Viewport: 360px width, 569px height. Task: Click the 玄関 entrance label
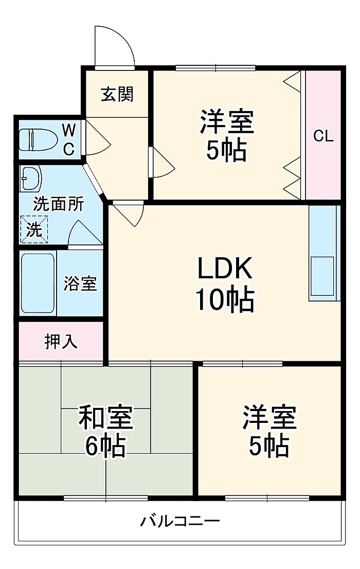click(117, 94)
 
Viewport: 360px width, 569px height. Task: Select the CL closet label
click(323, 136)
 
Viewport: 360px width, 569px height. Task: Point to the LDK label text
click(224, 269)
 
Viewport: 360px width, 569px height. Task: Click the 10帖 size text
click(224, 299)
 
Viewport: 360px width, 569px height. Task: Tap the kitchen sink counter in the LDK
click(324, 253)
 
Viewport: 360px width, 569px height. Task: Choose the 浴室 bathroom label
click(80, 283)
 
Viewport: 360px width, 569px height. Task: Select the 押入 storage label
click(61, 342)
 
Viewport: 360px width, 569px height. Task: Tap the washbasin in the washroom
click(30, 179)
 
